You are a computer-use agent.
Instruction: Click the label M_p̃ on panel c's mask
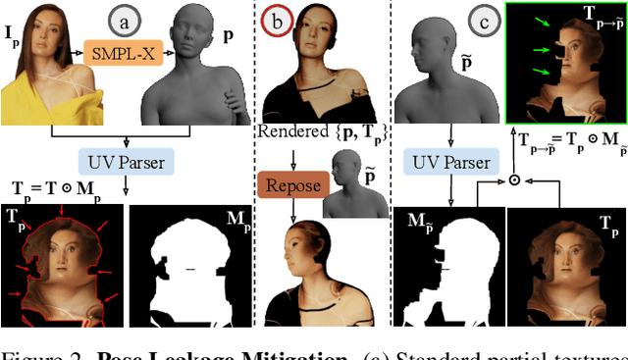pos(421,221)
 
